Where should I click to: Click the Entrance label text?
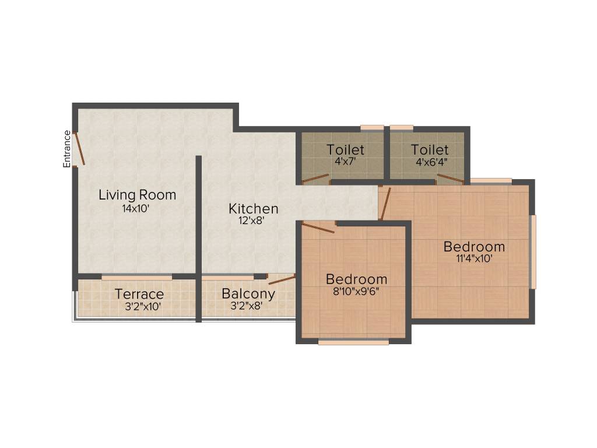tap(67, 149)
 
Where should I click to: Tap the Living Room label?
tap(137, 195)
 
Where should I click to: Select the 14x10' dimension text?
tap(137, 208)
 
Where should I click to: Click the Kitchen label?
tap(253, 208)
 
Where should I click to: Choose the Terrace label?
tap(139, 293)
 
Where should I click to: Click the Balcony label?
tap(248, 293)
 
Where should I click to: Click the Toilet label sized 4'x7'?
tap(345, 150)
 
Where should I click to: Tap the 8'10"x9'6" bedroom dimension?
tap(356, 292)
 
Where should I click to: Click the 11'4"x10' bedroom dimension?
tap(474, 258)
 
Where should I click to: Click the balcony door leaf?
tap(282, 280)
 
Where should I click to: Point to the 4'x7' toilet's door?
tap(315, 178)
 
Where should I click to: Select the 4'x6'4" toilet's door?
tap(450, 178)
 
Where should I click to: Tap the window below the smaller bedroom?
tap(353, 342)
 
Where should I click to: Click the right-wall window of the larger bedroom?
tap(533, 251)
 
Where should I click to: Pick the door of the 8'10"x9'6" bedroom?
tap(318, 228)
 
